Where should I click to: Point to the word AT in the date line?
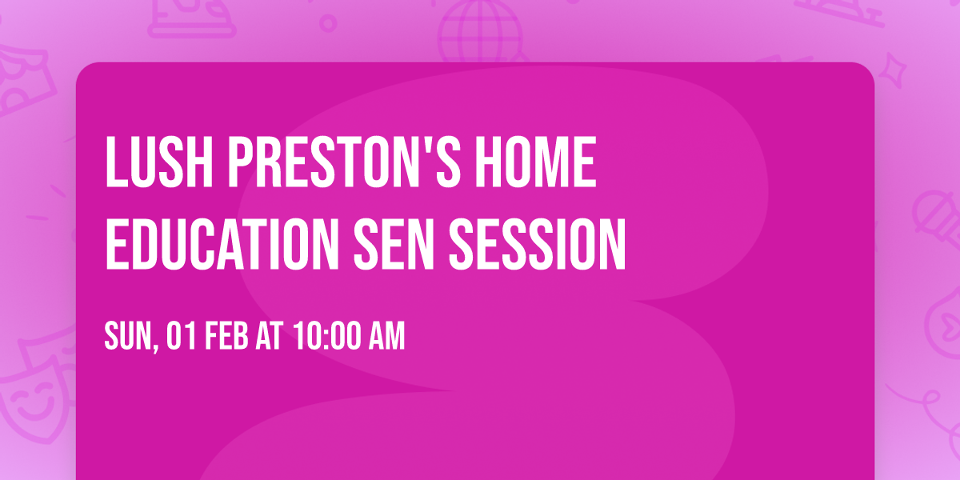(x=270, y=337)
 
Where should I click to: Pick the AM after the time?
(x=386, y=337)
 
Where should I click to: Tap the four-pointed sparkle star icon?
(x=896, y=68)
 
